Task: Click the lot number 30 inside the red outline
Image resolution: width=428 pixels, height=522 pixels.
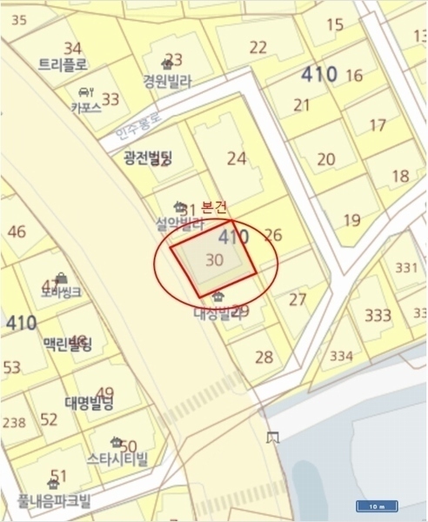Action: tap(213, 259)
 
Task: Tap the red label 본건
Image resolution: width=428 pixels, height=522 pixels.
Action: tap(213, 207)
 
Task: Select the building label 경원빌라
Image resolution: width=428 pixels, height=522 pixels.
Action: tap(167, 79)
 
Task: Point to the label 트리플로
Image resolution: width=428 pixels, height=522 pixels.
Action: tap(63, 64)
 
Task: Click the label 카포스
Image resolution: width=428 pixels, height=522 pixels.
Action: tap(86, 108)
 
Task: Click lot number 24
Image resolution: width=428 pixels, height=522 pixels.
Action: tap(236, 158)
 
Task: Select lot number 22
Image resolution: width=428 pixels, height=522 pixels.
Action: tap(257, 47)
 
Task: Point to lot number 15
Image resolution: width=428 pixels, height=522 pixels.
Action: tap(334, 24)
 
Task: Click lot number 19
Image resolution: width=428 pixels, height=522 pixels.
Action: tap(351, 220)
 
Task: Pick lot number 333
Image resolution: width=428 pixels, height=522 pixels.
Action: tap(378, 315)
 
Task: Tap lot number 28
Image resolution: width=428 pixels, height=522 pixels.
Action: tap(264, 356)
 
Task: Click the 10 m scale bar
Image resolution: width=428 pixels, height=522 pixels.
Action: tap(377, 505)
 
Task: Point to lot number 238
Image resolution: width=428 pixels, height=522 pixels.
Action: tap(14, 423)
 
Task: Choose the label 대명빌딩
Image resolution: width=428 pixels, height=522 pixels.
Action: tap(89, 403)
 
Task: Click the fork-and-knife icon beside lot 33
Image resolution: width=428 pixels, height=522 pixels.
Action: tap(85, 92)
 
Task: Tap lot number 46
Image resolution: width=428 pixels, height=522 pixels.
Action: tap(16, 231)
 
